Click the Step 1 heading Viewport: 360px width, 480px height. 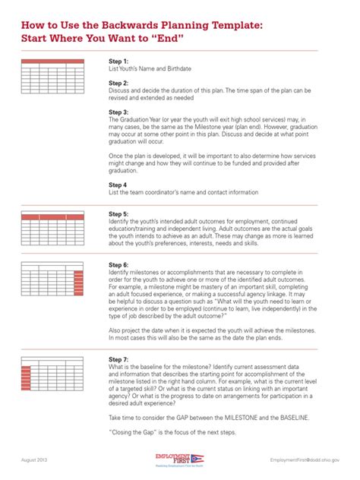click(118, 61)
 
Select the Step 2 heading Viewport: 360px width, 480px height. click(118, 83)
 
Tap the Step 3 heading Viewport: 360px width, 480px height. click(118, 112)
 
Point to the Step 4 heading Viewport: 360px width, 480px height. click(118, 185)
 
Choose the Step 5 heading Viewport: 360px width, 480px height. click(118, 214)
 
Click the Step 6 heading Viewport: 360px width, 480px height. click(118, 265)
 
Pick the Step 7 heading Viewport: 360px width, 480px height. click(118, 358)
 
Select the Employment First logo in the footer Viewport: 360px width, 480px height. click(179, 460)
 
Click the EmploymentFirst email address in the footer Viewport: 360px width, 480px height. click(305, 460)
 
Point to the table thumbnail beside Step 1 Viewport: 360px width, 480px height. click(52, 76)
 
